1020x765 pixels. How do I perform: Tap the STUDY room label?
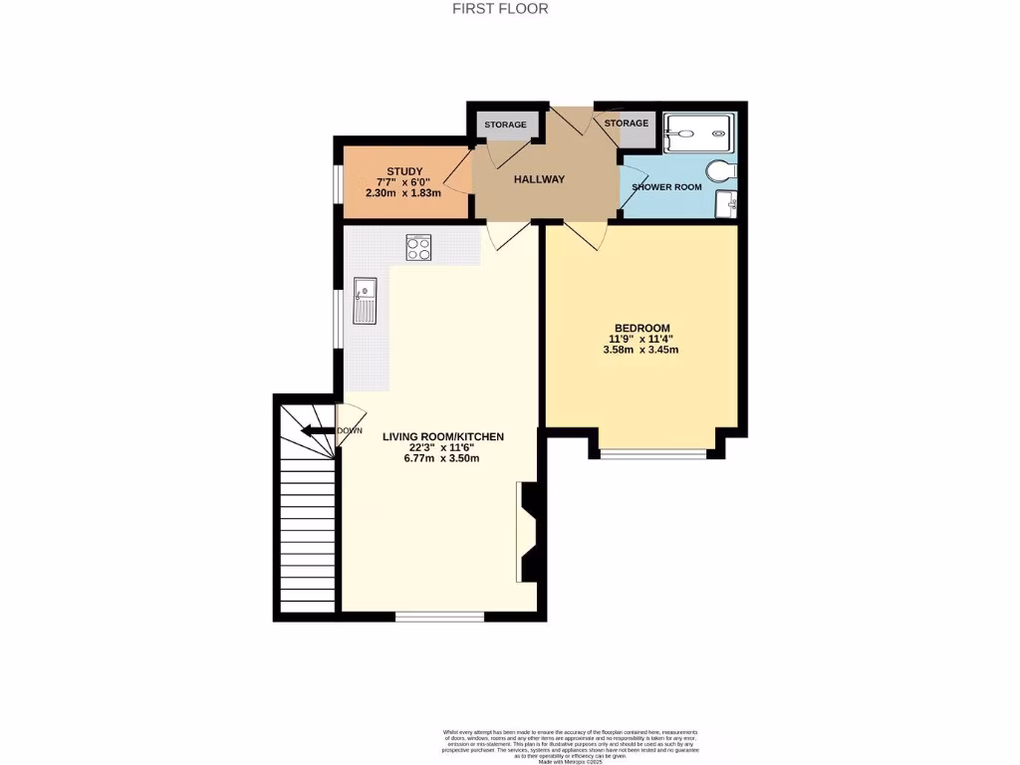click(403, 170)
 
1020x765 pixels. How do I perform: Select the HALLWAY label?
click(539, 179)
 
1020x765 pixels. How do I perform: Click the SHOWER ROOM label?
click(667, 187)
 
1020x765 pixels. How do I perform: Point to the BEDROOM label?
click(641, 328)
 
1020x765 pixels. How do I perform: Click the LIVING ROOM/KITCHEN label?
click(443, 436)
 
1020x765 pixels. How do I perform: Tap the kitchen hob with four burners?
click(418, 247)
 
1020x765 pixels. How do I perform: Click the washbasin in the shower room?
click(727, 204)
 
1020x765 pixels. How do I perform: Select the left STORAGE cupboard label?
click(506, 125)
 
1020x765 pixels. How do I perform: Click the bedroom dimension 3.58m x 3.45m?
click(641, 350)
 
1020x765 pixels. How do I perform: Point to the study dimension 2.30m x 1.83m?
click(403, 193)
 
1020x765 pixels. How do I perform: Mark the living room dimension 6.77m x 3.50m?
click(443, 458)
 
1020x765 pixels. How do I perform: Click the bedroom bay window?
click(653, 455)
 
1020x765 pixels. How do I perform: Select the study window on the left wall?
click(337, 181)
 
